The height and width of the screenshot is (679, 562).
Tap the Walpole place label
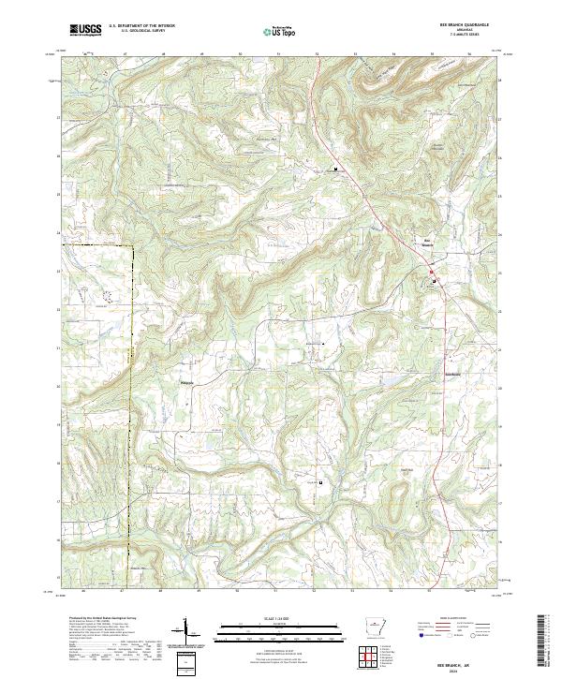coord(185,381)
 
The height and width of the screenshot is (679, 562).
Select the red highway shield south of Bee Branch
coord(432,273)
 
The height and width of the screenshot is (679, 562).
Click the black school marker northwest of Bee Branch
coord(335,169)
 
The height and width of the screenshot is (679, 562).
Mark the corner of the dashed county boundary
coord(132,245)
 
